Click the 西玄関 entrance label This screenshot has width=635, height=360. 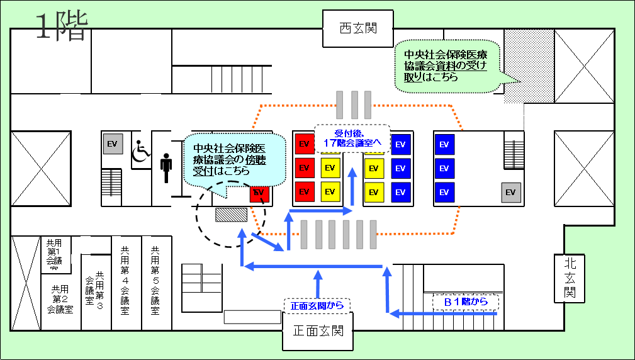pos(357,28)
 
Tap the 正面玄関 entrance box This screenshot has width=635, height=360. pos(318,330)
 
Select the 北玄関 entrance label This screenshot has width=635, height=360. pos(570,278)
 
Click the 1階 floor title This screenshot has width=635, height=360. pos(60,27)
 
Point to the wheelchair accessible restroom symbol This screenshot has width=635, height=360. pos(141,150)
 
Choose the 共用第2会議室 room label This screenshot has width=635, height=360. pos(60,299)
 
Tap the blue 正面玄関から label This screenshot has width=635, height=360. pos(317,306)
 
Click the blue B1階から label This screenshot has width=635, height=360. pos(466,302)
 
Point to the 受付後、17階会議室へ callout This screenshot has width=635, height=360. pos(353,138)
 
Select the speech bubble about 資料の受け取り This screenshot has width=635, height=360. pos(446,66)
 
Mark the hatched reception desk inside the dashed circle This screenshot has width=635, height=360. pos(230,215)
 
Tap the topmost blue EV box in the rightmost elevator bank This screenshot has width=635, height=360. pos(444,144)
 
